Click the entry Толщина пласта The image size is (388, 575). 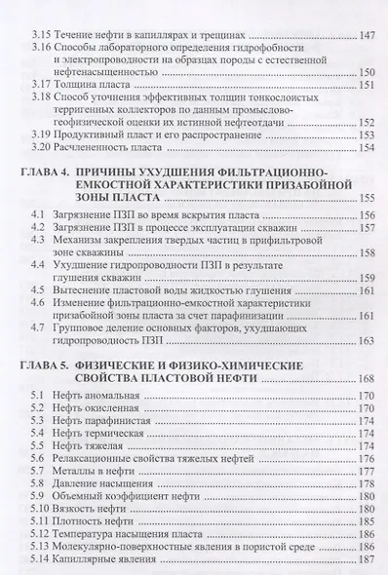97,94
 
